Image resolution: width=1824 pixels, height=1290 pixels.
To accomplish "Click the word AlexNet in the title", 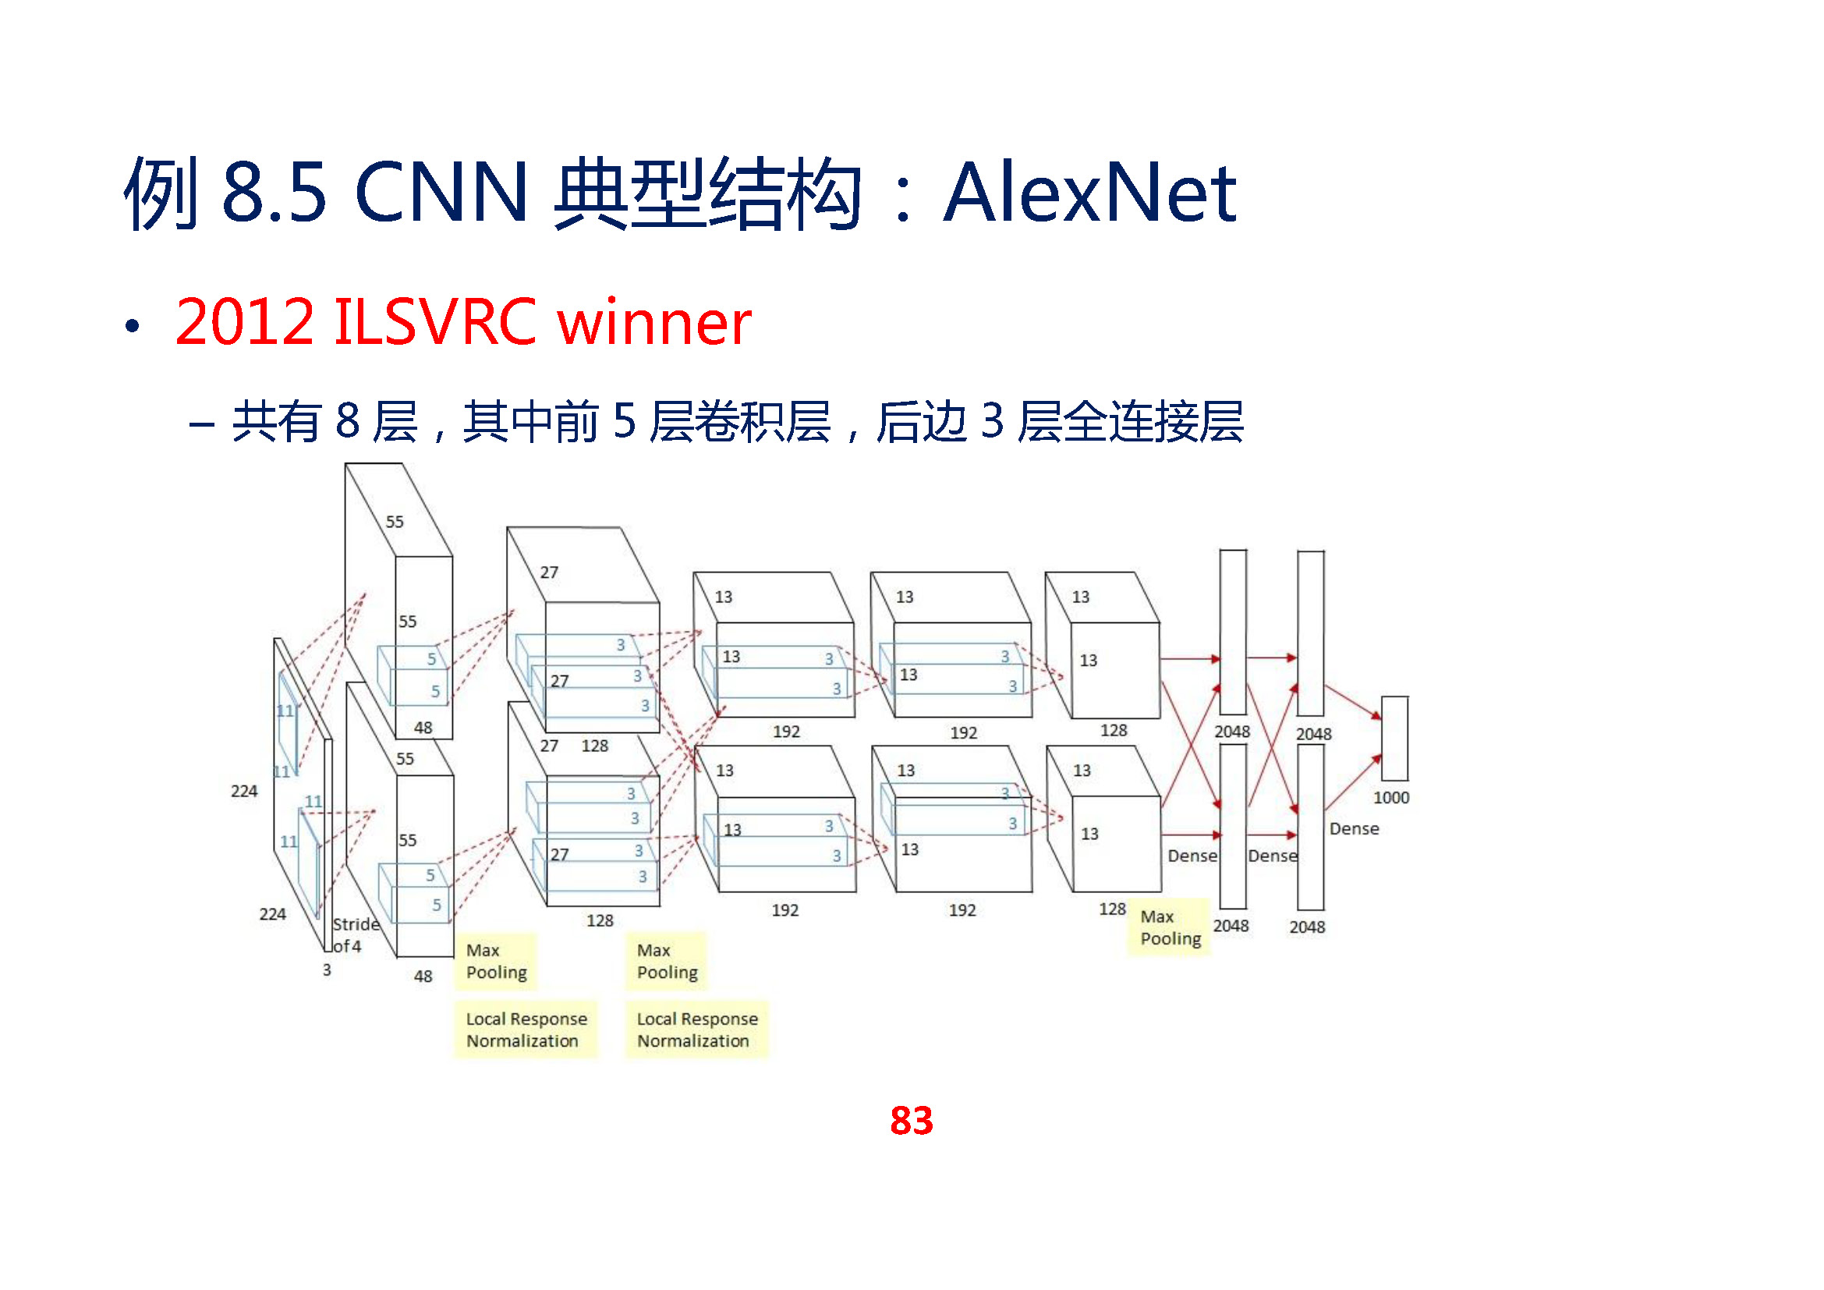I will coord(1089,192).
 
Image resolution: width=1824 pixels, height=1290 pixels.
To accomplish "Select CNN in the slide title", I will coord(441,192).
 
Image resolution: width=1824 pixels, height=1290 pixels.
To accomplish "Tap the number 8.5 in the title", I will coord(274,192).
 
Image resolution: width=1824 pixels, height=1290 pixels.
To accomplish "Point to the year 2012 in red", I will coord(245,321).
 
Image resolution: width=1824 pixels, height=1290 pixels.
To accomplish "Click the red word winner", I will coord(653,321).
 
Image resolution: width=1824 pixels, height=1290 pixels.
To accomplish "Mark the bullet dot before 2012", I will coord(132,326).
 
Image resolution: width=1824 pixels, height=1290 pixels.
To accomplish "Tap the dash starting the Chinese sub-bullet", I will coord(202,424).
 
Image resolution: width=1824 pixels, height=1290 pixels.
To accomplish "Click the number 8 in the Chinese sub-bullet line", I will coord(348,421).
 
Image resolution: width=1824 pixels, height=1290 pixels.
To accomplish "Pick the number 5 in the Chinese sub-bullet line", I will coord(625,421).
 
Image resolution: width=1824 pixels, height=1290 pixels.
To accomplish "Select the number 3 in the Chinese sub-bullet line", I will coord(992,421).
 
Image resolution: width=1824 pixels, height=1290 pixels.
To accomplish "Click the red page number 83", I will coord(911,1121).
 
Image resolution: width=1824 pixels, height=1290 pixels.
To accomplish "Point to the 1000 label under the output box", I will coord(1391,798).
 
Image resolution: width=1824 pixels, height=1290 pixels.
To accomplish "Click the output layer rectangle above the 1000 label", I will coord(1395,739).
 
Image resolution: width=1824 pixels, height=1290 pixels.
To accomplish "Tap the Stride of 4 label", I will coord(354,935).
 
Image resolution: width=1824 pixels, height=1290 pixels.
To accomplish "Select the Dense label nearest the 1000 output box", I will coord(1354,828).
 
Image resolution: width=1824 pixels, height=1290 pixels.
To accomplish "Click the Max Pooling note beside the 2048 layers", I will coord(1170,928).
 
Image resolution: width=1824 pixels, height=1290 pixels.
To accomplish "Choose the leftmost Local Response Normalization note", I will coord(526,1030).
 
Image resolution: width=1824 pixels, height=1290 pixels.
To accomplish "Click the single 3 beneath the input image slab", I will coord(327,970).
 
